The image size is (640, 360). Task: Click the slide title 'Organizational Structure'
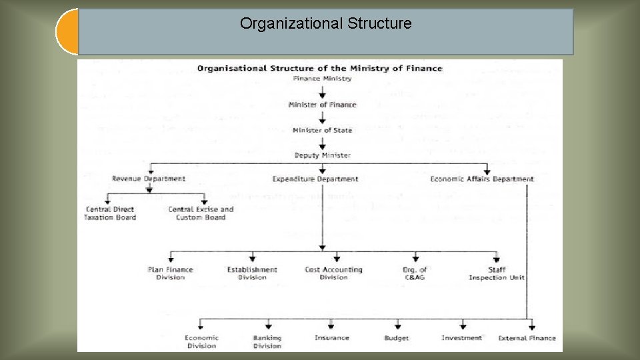[x=325, y=24]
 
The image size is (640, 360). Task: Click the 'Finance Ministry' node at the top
[x=322, y=79]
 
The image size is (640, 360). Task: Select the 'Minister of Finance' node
[x=322, y=105]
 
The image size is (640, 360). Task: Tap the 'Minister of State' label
[x=322, y=130]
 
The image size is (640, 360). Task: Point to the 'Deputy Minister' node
[x=322, y=155]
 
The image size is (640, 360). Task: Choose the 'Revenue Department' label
[x=149, y=179]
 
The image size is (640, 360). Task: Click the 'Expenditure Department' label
[x=315, y=179]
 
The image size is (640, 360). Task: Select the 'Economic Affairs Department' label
[x=482, y=179]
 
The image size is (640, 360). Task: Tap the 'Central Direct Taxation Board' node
[x=110, y=213]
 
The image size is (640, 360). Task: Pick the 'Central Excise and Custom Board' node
[x=201, y=213]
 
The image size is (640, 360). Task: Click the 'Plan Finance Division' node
[x=171, y=273]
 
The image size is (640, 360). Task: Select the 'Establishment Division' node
[x=252, y=273]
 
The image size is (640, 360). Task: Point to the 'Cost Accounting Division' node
[x=333, y=273]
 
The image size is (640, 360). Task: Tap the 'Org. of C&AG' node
[x=415, y=273]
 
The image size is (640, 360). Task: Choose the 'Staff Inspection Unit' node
[x=497, y=273]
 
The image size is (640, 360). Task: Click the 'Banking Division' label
[x=267, y=342]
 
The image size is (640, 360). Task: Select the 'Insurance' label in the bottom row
[x=331, y=338]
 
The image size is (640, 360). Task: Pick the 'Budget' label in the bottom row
[x=397, y=338]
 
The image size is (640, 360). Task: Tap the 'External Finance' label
[x=527, y=338]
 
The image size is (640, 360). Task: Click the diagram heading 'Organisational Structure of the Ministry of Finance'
[x=319, y=68]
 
